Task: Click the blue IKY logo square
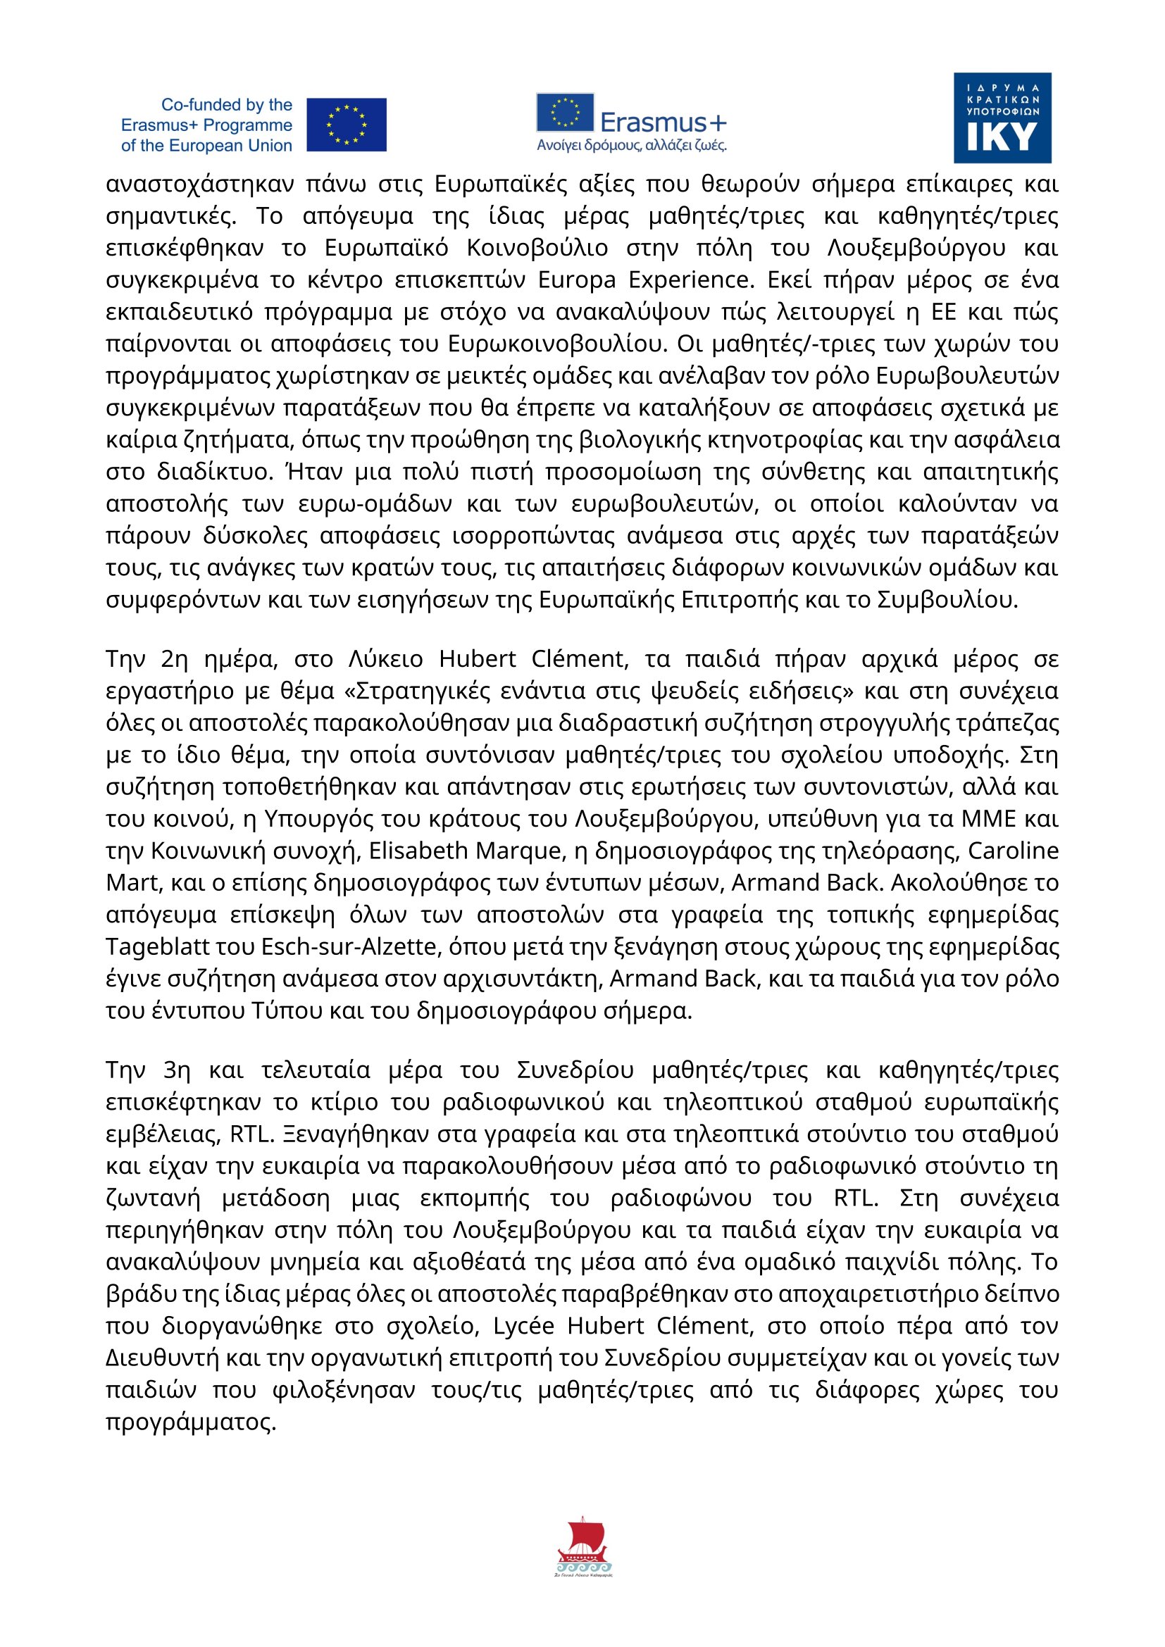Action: (x=1002, y=118)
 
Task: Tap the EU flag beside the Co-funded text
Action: (x=347, y=125)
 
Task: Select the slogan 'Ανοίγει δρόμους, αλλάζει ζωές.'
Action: (x=631, y=146)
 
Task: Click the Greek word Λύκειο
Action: (x=385, y=659)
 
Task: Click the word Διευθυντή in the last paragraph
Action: (x=162, y=1358)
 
